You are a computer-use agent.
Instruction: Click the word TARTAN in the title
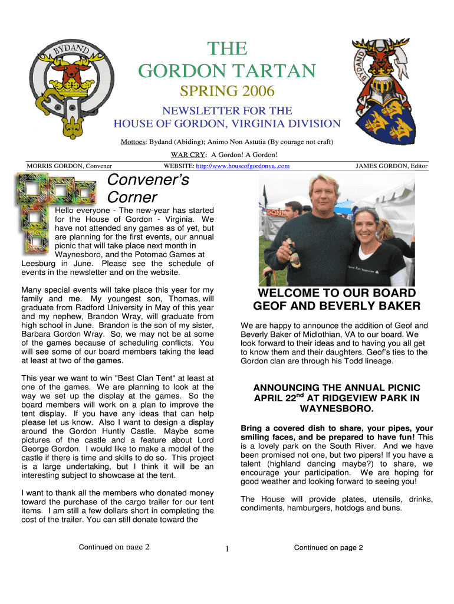277,71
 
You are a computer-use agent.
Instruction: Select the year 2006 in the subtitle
255,91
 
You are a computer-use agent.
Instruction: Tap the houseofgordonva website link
242,166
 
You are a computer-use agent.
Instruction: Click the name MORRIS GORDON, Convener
70,166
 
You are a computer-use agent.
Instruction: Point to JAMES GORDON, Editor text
391,166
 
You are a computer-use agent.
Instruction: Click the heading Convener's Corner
147,189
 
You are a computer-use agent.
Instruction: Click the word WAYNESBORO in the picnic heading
337,408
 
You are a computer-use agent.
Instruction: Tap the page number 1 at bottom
227,550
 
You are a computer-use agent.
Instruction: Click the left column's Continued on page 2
114,547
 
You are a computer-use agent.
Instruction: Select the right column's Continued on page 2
328,547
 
